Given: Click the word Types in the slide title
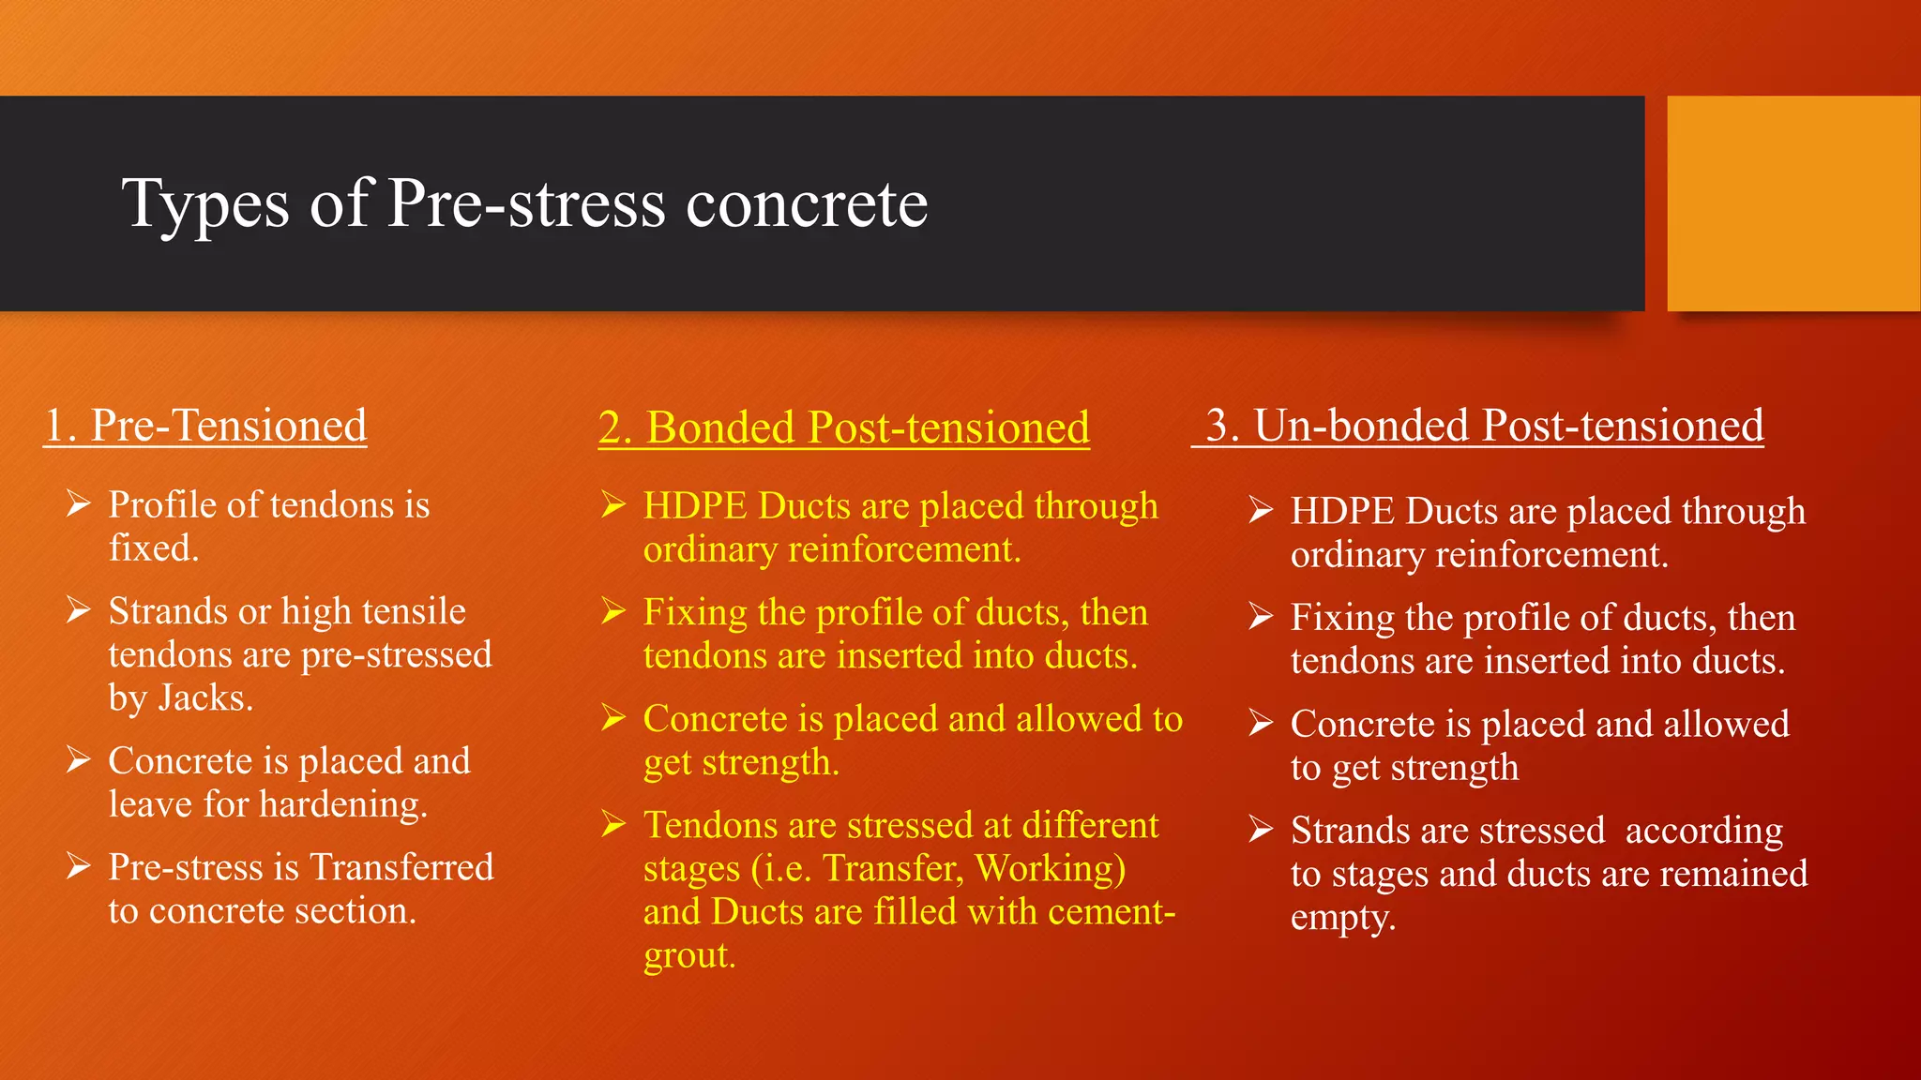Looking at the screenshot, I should click(205, 204).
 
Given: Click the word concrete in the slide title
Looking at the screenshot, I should click(807, 204).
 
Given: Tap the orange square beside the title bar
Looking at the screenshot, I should click(1792, 203).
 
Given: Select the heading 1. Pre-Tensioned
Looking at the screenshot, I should click(205, 426).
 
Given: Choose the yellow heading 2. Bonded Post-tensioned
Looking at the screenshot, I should click(844, 427).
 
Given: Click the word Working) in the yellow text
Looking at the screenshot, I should click(1050, 869).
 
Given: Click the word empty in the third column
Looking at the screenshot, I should click(1342, 917).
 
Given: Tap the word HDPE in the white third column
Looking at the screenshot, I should click(1342, 512).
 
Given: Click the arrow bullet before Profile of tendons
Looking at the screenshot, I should click(79, 504).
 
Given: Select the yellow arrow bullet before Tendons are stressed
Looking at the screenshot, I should click(613, 825).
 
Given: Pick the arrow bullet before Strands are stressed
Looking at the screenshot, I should click(1261, 830).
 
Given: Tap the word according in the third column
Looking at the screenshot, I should click(1703, 831).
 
